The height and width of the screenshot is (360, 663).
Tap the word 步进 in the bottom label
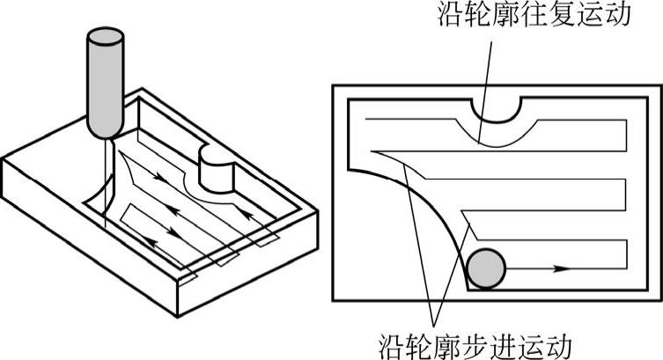tap(500, 342)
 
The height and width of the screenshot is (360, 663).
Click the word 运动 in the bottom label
tap(557, 342)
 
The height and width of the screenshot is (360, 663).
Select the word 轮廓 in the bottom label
tap(443, 342)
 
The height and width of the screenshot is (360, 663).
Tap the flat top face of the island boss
tap(213, 158)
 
